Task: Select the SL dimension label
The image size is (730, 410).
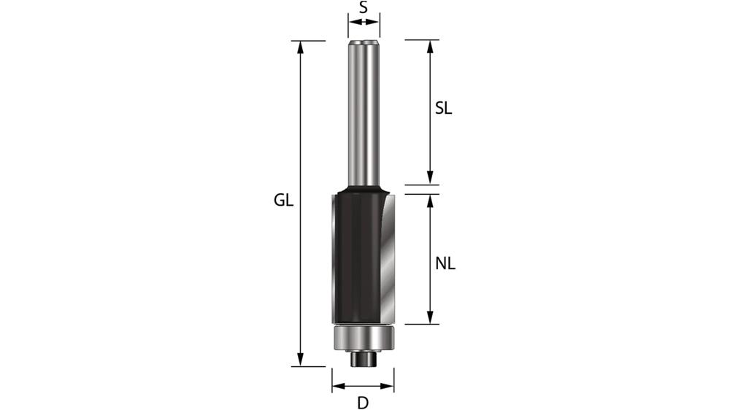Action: pyautogui.click(x=444, y=109)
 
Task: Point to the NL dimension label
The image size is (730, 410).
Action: pyautogui.click(x=445, y=264)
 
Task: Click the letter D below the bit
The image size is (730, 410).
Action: pyautogui.click(x=363, y=402)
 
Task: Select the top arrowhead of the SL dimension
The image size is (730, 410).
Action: pyautogui.click(x=430, y=46)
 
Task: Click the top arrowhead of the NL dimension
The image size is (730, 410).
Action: pyautogui.click(x=430, y=201)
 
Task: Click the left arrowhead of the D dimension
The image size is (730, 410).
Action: pyautogui.click(x=338, y=387)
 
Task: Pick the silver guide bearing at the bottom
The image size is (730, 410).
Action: pyautogui.click(x=363, y=339)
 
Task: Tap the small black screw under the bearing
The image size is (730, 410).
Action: pyautogui.click(x=363, y=359)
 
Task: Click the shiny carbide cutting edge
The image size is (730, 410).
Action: pyautogui.click(x=387, y=255)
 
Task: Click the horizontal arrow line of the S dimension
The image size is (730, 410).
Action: pyautogui.click(x=363, y=23)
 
